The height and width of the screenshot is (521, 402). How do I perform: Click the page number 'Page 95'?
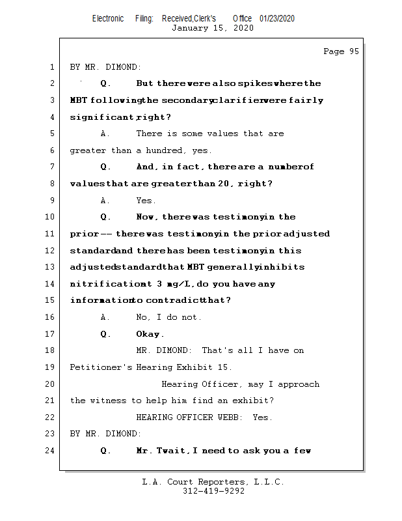(341, 51)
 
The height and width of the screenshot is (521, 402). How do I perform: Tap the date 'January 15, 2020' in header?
(212, 28)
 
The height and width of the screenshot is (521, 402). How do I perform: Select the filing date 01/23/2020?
(276, 18)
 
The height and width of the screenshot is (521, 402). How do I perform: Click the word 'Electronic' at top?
(108, 18)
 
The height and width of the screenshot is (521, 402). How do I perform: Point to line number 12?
(51, 251)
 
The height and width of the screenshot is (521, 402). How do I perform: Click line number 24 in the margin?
(51, 451)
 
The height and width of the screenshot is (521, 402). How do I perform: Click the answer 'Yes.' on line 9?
(146, 201)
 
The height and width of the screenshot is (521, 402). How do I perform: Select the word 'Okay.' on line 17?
(150, 334)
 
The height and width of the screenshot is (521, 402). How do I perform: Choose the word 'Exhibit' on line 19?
(196, 367)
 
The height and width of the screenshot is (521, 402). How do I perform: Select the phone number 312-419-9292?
(213, 491)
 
